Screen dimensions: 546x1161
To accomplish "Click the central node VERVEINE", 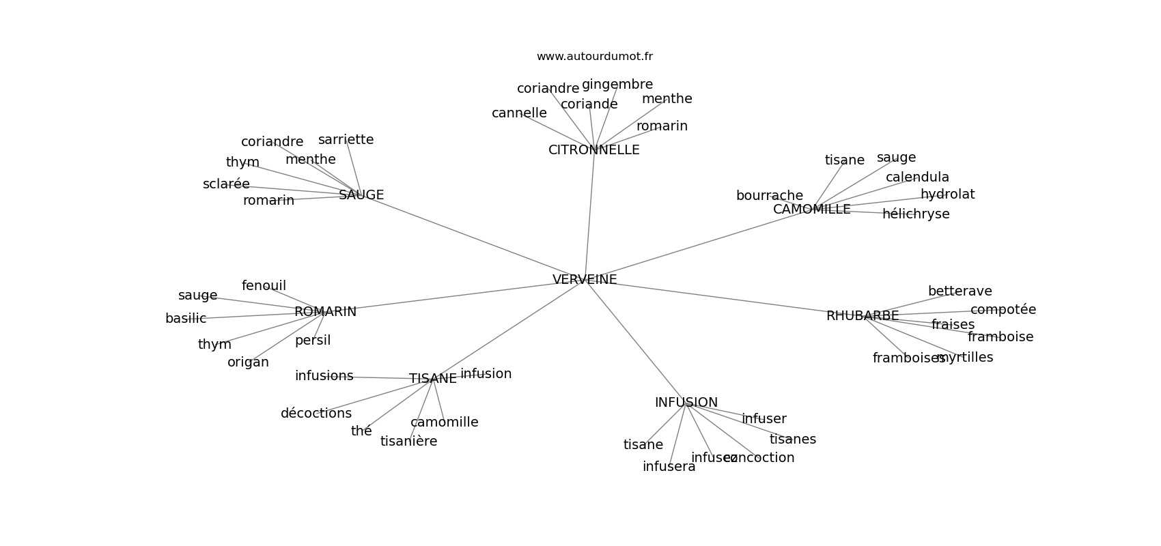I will coord(585,279).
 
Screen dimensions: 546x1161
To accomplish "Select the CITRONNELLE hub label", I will coord(593,150).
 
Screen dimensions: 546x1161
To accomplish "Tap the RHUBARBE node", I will coord(862,316).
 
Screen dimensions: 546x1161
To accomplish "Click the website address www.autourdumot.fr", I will coord(594,57).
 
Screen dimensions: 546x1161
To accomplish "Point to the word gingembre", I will coord(617,85).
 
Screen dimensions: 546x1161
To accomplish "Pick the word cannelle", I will coord(519,113).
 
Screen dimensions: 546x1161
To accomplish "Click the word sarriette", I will coord(346,140).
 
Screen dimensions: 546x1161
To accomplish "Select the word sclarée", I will coord(226,184).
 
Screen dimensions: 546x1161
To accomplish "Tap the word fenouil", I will coord(264,286).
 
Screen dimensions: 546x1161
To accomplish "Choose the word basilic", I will coord(186,319).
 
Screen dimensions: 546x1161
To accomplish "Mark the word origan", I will coord(248,362).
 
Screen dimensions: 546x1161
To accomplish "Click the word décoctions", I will coord(316,414).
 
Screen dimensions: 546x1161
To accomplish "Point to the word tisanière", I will coord(408,442).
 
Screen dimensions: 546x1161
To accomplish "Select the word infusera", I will coord(669,467).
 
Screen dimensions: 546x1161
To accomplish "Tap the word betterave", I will coord(960,291).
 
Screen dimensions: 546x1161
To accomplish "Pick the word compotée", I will coord(1003,310).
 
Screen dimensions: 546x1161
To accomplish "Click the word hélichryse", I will coord(915,214).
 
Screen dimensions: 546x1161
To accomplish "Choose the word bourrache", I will coord(769,196).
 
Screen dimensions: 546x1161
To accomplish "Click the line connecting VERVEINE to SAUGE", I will coord(471,237).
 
